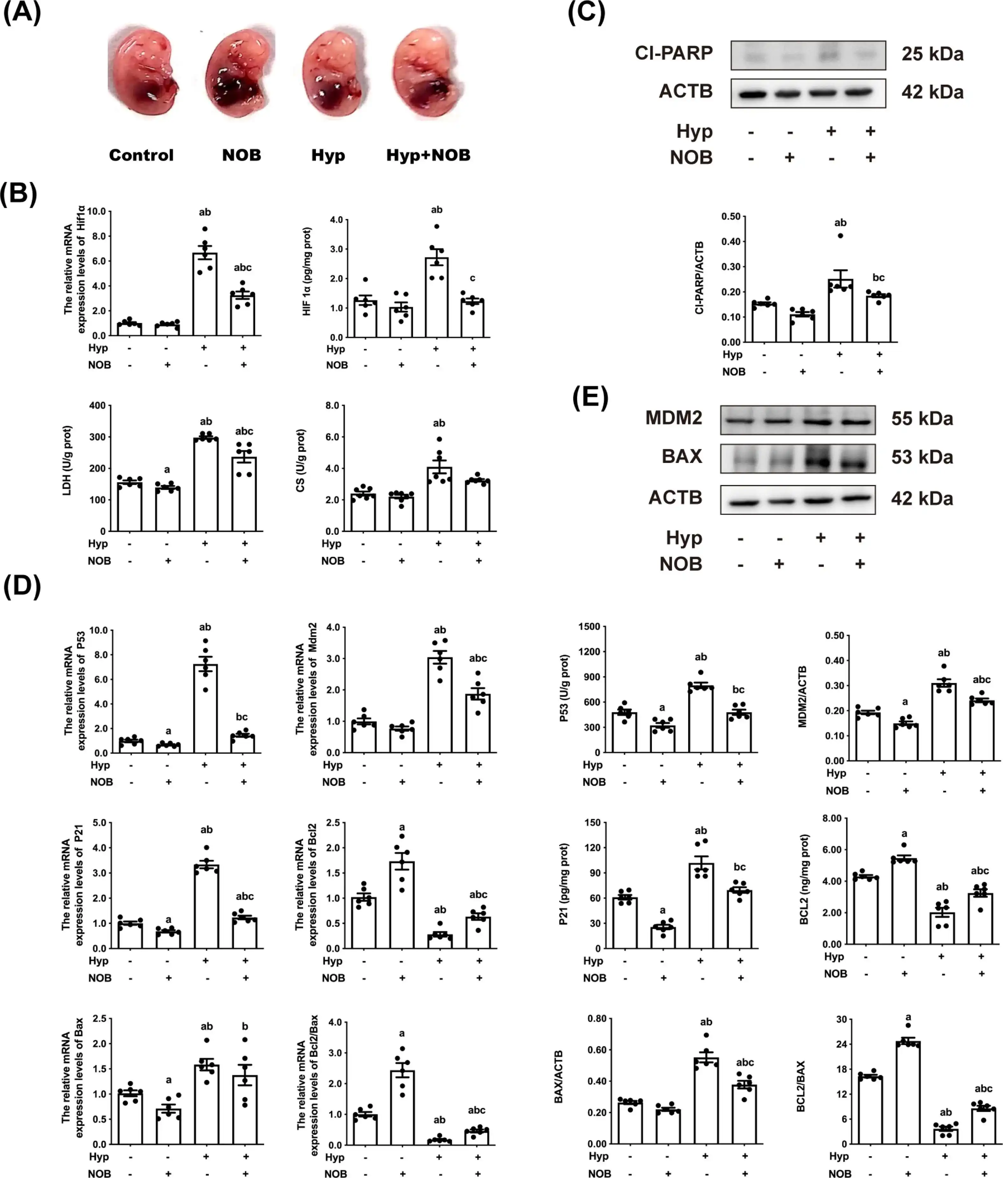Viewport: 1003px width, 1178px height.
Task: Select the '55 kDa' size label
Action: pyautogui.click(x=922, y=419)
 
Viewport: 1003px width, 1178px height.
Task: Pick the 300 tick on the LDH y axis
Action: pyautogui.click(x=98, y=437)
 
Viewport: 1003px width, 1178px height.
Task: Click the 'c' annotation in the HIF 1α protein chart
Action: pyautogui.click(x=473, y=278)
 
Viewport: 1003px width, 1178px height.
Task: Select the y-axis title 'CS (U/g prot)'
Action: pyautogui.click(x=301, y=460)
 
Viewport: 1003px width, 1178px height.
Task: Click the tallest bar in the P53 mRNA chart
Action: pyautogui.click(x=205, y=708)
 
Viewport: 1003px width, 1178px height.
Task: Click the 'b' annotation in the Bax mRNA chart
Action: pyautogui.click(x=245, y=1026)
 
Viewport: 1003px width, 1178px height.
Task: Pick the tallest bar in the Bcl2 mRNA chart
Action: pyautogui.click(x=402, y=905)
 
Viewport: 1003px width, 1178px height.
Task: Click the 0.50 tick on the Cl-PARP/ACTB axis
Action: pyautogui.click(x=731, y=216)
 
